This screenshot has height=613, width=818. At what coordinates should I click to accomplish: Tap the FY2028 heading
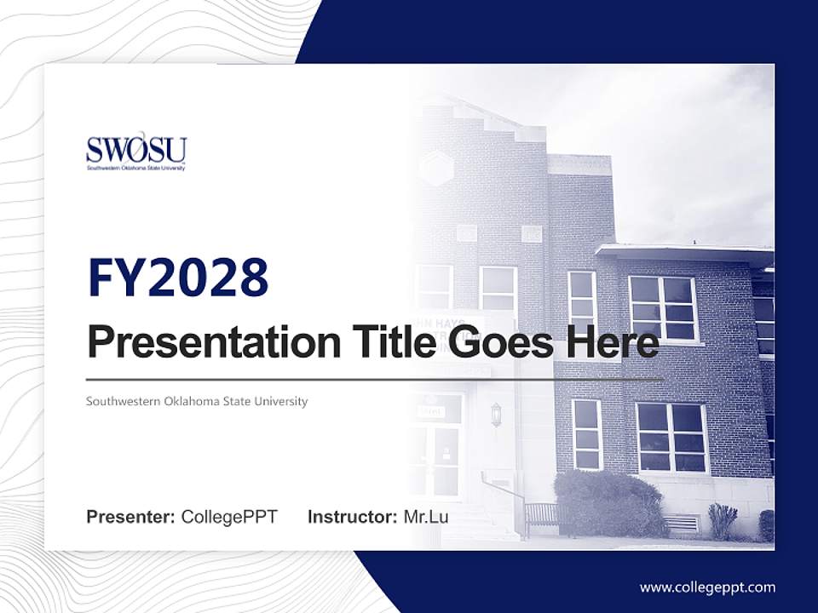[x=178, y=278]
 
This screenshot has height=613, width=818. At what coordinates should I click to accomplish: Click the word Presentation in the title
[x=215, y=342]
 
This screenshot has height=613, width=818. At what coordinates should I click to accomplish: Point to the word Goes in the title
[x=500, y=342]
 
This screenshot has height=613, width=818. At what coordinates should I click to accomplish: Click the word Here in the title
[x=613, y=341]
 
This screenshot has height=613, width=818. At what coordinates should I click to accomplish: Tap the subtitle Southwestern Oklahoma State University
[x=197, y=401]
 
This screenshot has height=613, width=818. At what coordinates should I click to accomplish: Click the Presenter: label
[x=130, y=517]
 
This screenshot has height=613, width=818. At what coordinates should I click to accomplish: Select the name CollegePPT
[x=229, y=517]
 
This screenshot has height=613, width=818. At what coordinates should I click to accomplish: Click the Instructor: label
[x=353, y=517]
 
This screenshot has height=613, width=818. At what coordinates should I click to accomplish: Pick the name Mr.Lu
[x=426, y=517]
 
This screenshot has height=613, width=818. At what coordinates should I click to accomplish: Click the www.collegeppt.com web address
[x=707, y=587]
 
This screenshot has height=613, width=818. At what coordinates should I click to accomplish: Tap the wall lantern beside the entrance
[x=496, y=415]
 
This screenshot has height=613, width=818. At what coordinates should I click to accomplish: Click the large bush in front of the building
[x=608, y=502]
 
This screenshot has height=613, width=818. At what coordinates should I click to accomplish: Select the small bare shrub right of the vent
[x=723, y=520]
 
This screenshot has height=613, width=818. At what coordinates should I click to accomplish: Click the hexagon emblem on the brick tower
[x=436, y=168]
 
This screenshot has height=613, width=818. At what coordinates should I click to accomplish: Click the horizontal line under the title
[x=375, y=380]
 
